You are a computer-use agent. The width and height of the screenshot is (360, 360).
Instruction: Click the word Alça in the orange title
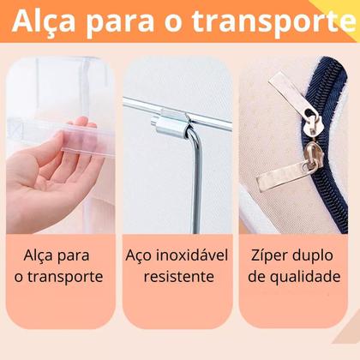pos(45,22)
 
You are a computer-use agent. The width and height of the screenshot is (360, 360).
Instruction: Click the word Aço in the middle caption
pos(140,256)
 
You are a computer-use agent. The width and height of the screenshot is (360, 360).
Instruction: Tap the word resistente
pos(179,277)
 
